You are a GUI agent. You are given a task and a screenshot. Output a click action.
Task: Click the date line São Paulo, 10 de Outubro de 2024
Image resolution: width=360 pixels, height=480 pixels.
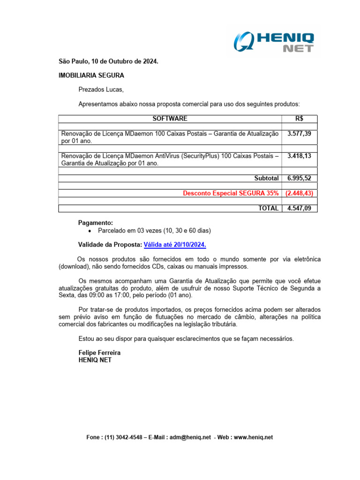108,61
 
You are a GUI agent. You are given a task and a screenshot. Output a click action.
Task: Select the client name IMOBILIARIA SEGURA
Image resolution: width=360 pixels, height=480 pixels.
91,75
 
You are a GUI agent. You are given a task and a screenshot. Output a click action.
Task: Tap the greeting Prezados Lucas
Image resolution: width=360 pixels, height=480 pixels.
101,90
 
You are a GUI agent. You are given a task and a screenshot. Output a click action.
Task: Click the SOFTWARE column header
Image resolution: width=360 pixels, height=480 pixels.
170,119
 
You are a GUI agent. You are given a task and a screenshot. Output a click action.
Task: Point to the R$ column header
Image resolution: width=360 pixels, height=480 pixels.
299,119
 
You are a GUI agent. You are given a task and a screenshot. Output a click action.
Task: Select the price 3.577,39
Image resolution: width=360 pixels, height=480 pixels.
299,134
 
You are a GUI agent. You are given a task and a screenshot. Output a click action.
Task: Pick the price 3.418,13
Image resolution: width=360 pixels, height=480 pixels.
299,156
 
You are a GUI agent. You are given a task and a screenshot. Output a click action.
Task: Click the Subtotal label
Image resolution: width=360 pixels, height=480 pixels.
266,178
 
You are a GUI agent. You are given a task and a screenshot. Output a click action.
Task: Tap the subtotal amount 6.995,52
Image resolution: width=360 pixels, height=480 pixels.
299,178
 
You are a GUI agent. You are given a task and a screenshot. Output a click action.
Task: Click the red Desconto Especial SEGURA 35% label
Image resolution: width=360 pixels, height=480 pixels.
231,193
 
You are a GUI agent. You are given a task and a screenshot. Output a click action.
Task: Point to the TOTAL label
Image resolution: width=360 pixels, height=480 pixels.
268,208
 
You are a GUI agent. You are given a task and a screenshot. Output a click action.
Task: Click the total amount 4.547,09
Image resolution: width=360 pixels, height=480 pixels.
299,208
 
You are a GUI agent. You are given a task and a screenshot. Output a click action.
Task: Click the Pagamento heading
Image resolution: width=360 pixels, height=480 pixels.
95,223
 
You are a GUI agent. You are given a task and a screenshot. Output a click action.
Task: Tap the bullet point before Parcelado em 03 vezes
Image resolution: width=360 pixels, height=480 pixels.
90,231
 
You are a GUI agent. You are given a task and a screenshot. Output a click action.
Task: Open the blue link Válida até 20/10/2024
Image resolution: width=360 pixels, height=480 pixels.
175,245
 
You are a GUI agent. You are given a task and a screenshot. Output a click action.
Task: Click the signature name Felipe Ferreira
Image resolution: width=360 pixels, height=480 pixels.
99,352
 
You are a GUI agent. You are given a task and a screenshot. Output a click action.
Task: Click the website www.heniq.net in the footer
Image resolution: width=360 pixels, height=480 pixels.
253,437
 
